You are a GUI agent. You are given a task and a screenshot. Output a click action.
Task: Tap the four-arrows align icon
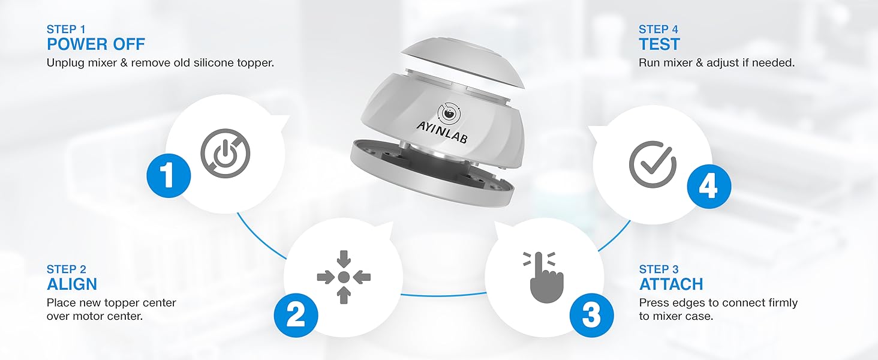pos(344,277)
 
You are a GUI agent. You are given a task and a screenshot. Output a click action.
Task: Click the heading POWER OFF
pos(96,44)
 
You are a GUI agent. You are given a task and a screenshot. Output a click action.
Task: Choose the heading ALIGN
pos(72,284)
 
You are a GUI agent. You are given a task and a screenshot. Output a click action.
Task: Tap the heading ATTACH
pos(671,284)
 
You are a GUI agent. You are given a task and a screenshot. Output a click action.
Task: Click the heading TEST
pos(659,44)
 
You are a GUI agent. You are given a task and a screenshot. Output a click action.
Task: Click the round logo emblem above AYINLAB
pos(447,113)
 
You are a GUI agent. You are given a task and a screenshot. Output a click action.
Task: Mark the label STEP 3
pos(659,269)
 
